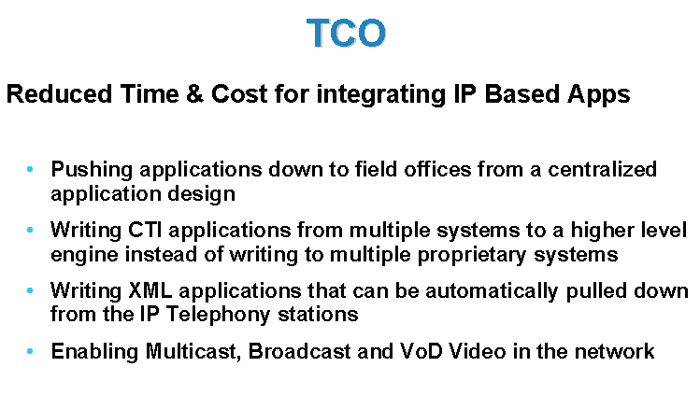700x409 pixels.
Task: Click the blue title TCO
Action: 346,33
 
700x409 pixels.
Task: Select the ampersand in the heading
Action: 194,94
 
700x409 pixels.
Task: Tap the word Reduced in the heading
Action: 59,94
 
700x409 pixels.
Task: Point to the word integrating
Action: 381,95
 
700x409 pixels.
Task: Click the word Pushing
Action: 92,170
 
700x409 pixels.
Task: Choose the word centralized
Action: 602,170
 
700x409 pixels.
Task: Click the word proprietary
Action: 472,256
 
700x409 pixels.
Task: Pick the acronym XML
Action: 150,290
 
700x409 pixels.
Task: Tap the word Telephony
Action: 219,316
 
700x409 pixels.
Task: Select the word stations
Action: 318,315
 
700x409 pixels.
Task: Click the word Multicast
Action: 193,352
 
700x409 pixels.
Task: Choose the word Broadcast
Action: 300,351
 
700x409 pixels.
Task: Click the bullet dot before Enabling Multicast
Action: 30,351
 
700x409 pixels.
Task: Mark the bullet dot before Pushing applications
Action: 30,170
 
